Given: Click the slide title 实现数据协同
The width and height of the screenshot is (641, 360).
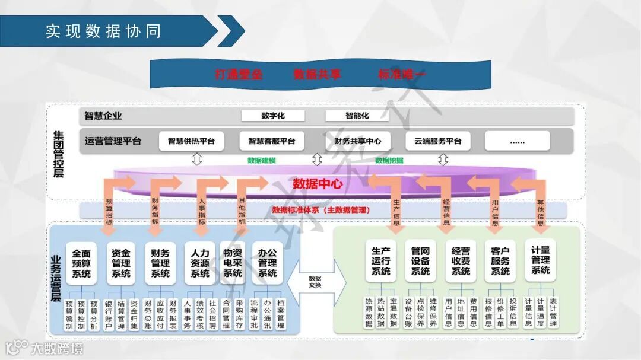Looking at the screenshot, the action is [103, 31].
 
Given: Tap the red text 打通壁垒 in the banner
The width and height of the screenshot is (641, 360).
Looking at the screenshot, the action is [238, 75].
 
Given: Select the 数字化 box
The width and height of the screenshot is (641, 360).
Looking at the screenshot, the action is [272, 116].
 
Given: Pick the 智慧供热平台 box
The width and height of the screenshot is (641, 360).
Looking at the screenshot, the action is [191, 141].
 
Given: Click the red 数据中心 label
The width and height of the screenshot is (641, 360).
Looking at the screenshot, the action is [318, 184].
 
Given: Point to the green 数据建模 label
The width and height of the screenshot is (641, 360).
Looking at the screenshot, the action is [261, 160].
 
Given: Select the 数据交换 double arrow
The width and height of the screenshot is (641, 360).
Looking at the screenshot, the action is [315, 282].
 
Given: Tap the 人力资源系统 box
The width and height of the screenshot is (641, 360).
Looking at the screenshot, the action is [199, 263].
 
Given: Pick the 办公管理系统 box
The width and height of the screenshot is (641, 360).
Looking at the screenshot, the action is [267, 263].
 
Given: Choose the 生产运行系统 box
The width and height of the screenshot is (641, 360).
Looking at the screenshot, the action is [380, 261].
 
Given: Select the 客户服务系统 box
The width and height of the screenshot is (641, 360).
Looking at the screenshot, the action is [500, 261].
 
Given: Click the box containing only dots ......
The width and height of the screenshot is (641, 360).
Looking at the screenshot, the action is [517, 141].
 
